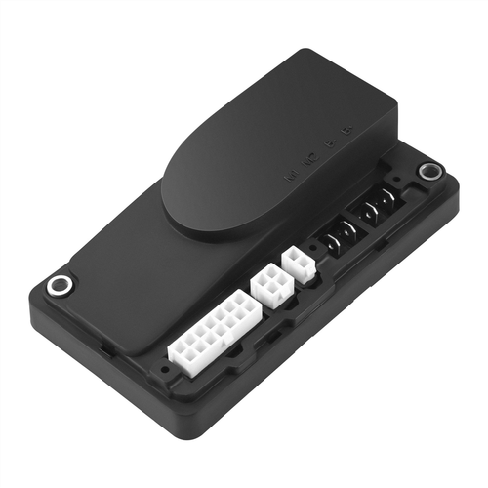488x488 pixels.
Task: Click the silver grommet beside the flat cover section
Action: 61,286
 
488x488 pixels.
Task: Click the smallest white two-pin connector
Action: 299,264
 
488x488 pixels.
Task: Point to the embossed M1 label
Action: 286,179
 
